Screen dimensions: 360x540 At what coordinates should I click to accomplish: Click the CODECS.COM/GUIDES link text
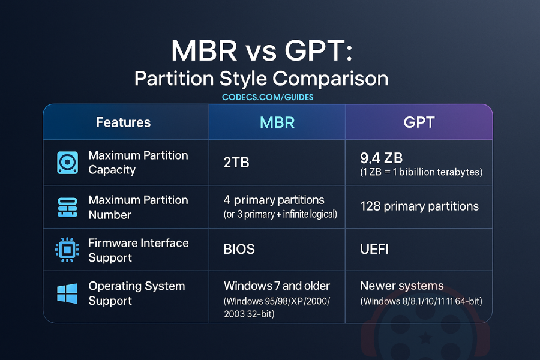coord(268,97)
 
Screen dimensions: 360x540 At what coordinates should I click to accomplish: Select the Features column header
coord(123,122)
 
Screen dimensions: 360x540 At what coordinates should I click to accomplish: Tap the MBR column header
coord(277,122)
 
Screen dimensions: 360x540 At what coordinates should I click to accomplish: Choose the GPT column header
coord(418,122)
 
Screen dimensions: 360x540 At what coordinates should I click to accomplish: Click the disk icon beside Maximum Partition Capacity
coord(67,163)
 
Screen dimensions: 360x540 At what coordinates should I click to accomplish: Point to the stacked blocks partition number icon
coord(67,207)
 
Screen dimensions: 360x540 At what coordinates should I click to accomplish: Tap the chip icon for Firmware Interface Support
coord(67,250)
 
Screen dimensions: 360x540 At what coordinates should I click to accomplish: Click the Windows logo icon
coord(67,293)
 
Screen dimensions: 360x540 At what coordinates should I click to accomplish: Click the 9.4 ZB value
coord(381,158)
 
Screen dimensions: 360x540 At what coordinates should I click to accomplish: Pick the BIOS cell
coord(239,249)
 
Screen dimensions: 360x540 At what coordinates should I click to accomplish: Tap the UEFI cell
coord(374,249)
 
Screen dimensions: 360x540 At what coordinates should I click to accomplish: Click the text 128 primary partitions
coord(419,206)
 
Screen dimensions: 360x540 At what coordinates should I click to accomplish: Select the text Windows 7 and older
coord(277,286)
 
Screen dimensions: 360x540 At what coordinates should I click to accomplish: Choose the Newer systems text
coord(401,286)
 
